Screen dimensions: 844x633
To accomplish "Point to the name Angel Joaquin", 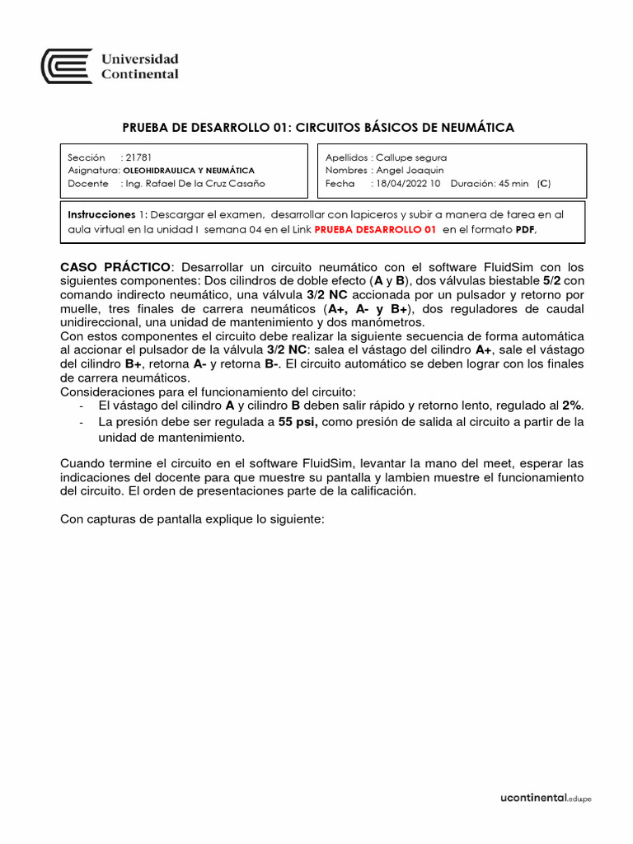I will (x=410, y=170).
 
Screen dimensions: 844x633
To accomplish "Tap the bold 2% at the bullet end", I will (x=572, y=406).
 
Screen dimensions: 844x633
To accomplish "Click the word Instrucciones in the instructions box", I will (x=101, y=214).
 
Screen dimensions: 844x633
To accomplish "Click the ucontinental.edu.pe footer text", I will (x=546, y=798).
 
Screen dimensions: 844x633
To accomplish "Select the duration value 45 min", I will (x=513, y=184).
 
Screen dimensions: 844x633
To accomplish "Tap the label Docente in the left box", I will (x=87, y=184).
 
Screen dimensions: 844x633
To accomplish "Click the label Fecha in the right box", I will (x=340, y=184).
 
